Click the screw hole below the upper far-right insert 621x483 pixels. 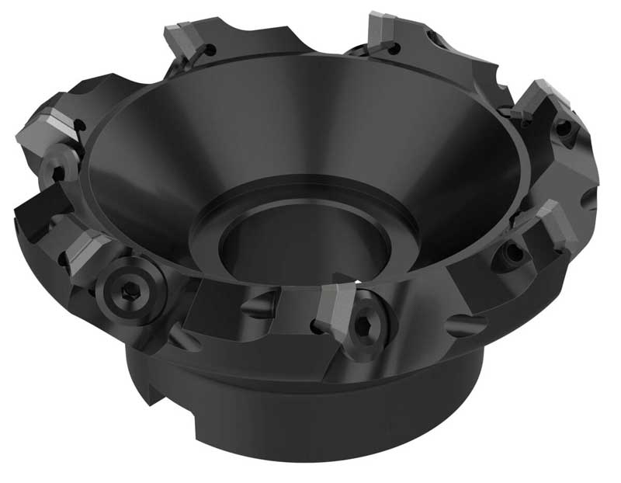pos(564,129)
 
